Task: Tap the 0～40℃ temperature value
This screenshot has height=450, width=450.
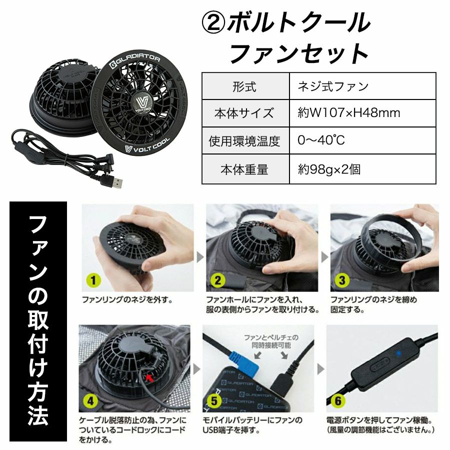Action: pos(321,140)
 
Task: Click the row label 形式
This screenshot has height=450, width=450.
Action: pos(244,86)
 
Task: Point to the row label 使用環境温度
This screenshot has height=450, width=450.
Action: pos(244,141)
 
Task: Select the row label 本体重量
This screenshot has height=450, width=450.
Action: pos(244,169)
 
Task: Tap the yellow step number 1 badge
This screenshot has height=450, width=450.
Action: pos(93,280)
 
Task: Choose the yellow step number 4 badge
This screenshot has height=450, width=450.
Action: pos(90,400)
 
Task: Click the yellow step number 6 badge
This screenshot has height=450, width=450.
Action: pos(338,400)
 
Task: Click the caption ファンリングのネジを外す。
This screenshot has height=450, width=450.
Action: pos(128,300)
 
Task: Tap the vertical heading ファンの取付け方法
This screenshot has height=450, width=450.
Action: pos(38,320)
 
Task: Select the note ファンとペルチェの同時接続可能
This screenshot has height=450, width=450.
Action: pos(271,341)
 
